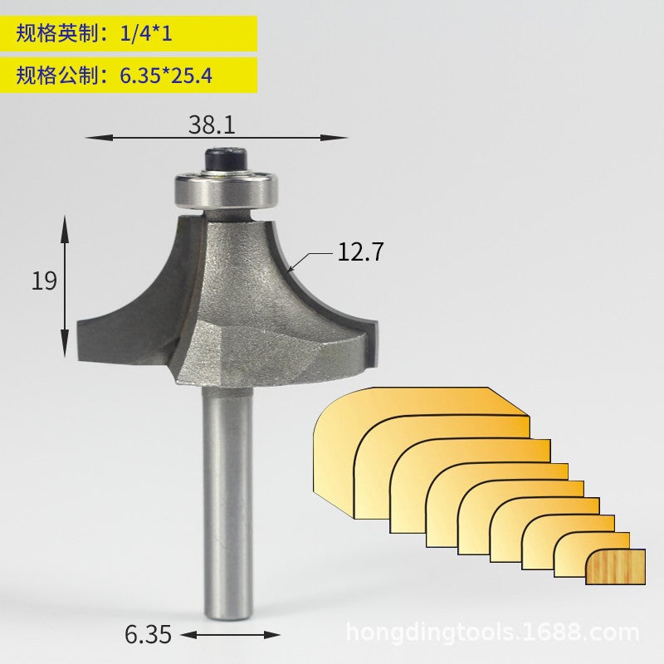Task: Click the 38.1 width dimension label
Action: tap(212, 125)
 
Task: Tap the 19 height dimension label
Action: tap(45, 281)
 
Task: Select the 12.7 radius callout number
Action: tap(360, 252)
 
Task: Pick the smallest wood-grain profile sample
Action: tap(615, 566)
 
